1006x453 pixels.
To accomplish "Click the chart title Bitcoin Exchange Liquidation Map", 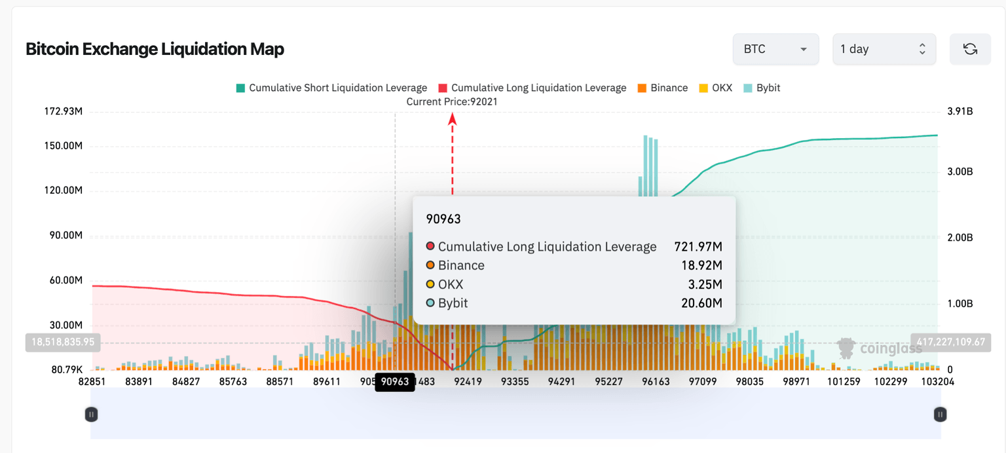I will point(155,49).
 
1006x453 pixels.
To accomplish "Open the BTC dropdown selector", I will point(775,49).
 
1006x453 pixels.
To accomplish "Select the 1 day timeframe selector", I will point(884,49).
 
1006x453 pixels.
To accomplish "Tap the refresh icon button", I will point(970,49).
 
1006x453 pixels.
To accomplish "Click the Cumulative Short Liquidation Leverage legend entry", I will point(331,88).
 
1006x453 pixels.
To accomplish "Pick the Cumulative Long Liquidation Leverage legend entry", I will point(532,88).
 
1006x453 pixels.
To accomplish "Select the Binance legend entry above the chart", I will point(662,88).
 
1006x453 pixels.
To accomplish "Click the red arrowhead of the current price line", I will point(452,118).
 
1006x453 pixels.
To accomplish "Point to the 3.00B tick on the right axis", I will point(960,172).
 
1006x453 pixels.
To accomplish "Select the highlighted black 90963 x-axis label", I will point(395,382).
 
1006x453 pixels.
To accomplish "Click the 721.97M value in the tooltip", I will point(698,247).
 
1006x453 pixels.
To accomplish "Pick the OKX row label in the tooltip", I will point(451,284).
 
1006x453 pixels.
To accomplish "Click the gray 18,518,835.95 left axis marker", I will point(60,342).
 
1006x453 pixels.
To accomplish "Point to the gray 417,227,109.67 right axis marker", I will point(950,342).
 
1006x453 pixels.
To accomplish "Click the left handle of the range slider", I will point(92,414).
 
